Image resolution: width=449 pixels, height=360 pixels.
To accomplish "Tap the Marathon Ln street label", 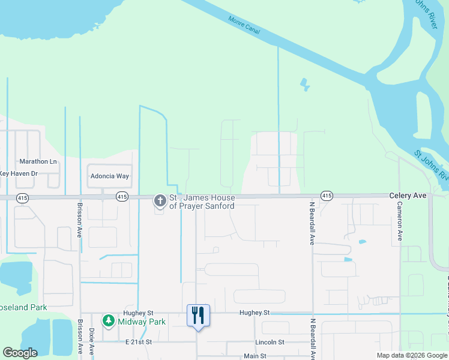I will (x=38, y=161).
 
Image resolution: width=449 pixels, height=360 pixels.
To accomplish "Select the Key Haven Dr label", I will (x=18, y=173).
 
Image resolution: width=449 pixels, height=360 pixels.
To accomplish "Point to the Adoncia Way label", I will (x=109, y=176).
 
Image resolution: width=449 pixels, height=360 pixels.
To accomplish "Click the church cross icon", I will (x=160, y=200).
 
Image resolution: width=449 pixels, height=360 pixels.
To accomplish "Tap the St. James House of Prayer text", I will (x=202, y=202).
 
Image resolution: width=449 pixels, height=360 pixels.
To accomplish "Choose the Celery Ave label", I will (x=408, y=196).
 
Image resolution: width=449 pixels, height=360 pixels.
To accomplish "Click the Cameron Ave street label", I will (x=399, y=221).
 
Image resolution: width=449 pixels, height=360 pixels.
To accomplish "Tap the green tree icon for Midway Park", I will (x=109, y=322).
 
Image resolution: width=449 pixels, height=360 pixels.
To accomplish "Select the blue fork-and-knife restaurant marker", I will (x=198, y=316).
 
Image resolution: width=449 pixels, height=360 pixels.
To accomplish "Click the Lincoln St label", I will (x=268, y=342).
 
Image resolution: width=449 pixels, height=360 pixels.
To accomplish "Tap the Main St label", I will (x=255, y=356).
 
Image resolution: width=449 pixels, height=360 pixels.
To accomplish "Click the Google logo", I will (x=20, y=353).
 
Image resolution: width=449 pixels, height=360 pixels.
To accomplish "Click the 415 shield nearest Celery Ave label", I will (x=327, y=196).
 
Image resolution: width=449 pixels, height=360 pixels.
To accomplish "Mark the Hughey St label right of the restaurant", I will (x=255, y=313).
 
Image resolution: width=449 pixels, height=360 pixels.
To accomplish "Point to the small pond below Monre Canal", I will (x=306, y=85).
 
